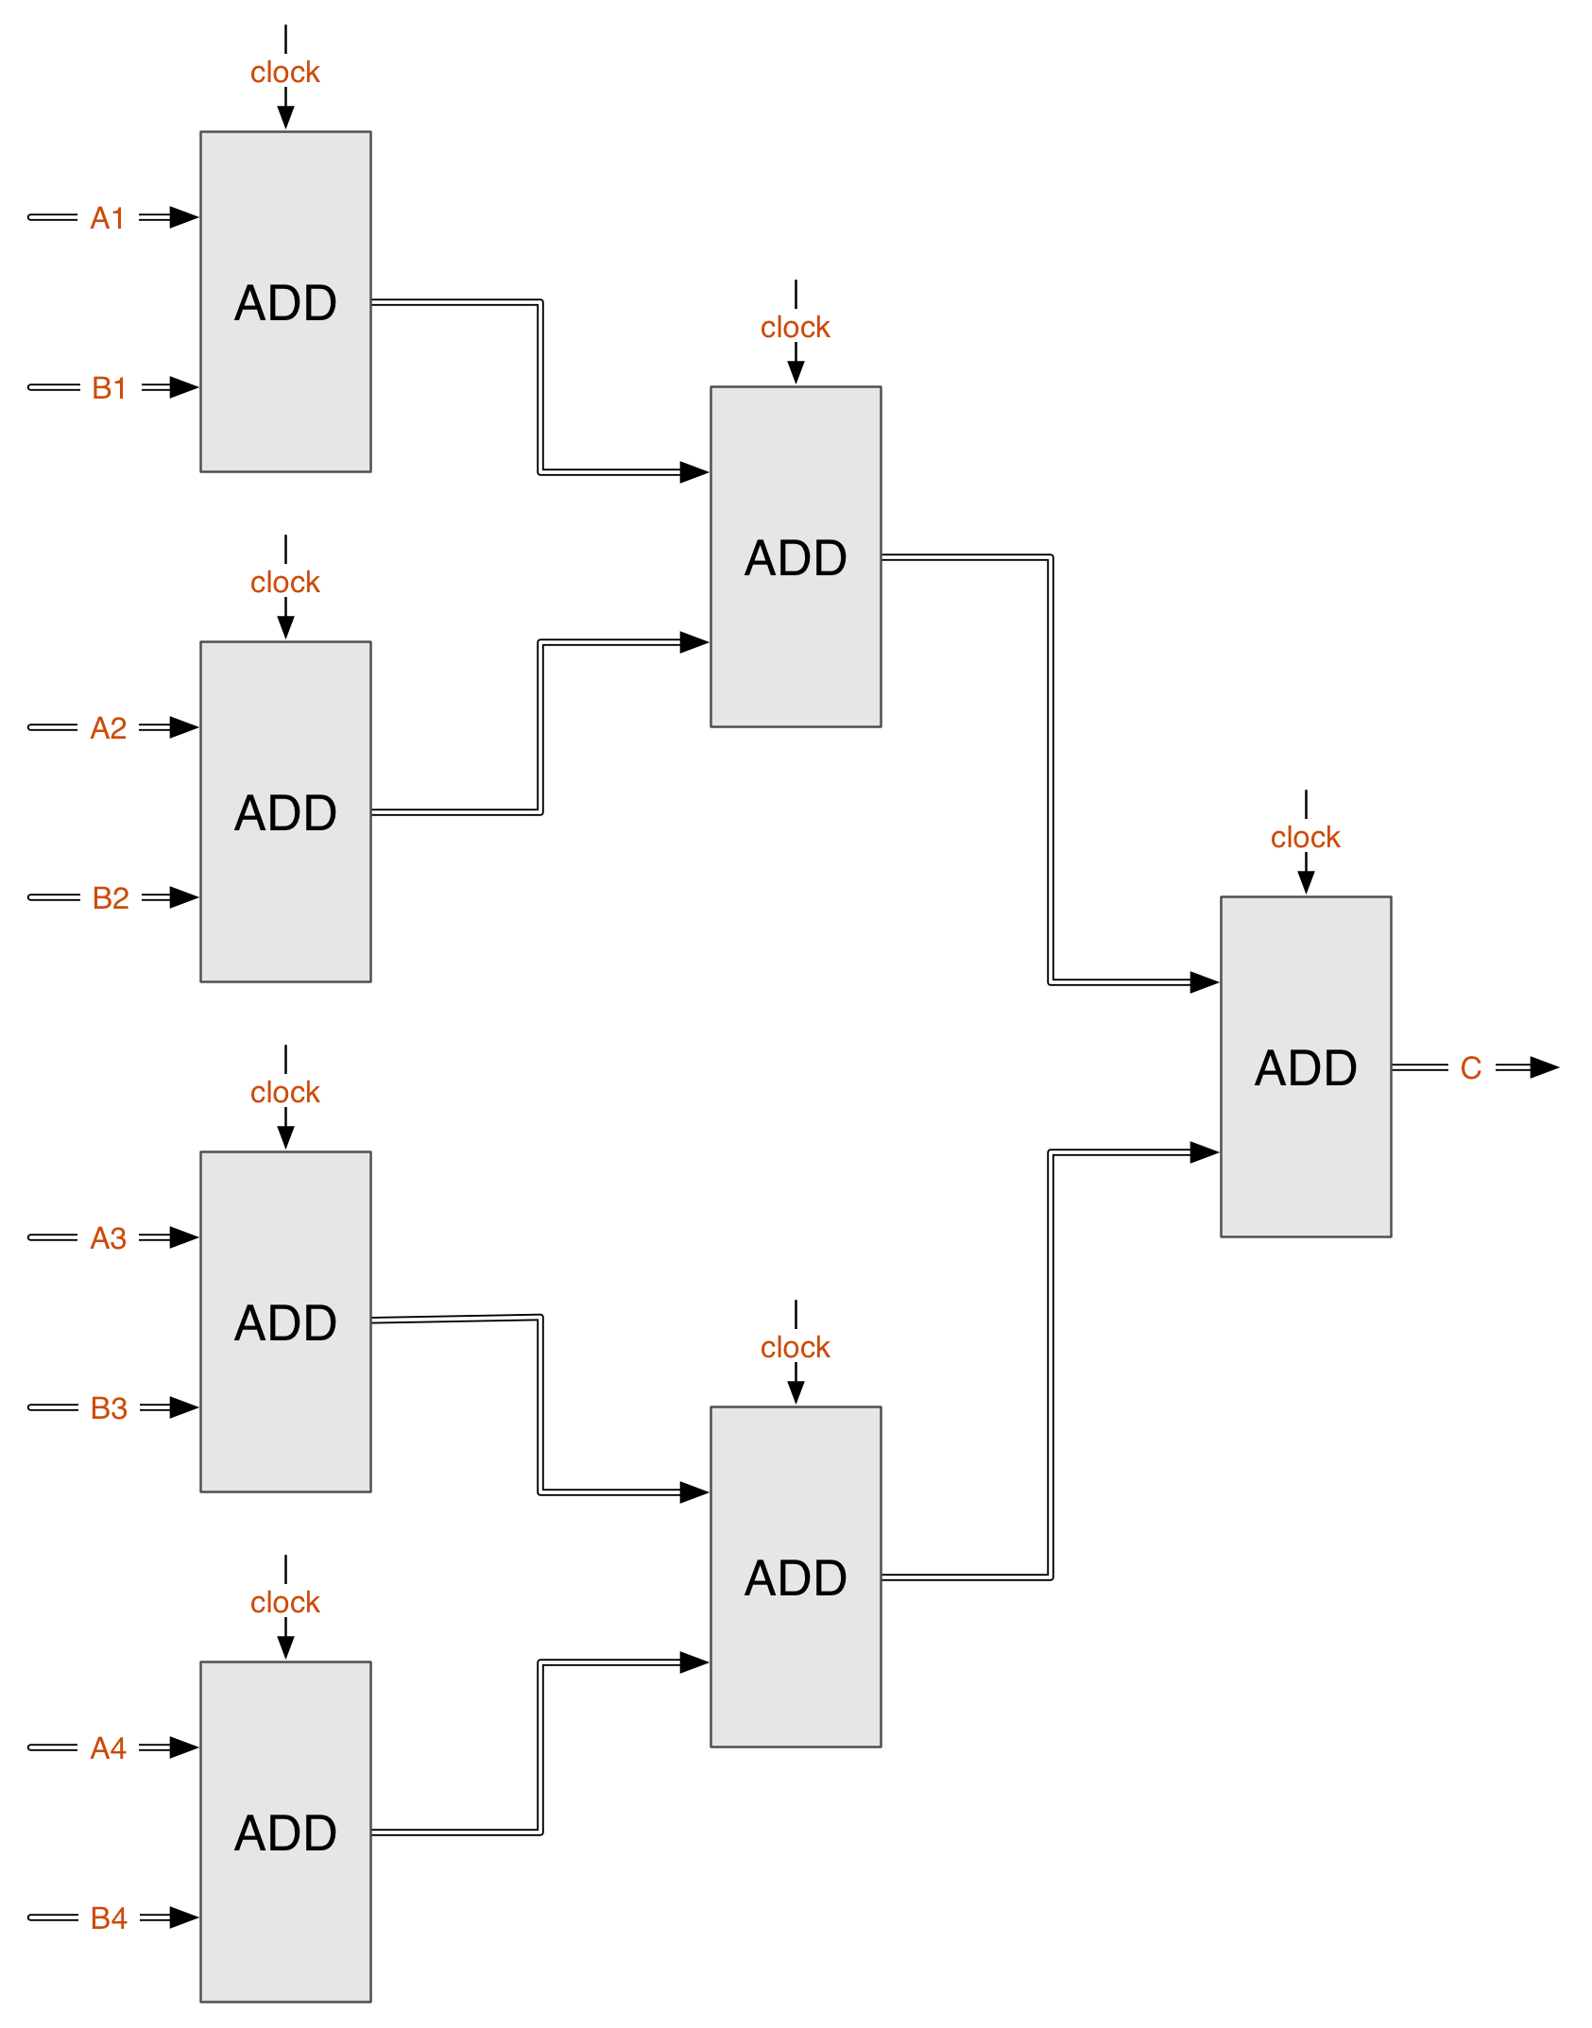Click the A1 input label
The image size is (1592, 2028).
[108, 217]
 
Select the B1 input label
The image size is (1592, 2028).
[110, 387]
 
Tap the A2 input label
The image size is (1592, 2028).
[108, 727]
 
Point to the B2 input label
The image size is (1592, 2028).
[110, 897]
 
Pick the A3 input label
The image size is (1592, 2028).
[108, 1237]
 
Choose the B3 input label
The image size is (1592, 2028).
[109, 1407]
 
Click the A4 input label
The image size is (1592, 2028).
[108, 1747]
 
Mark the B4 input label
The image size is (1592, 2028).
[109, 1917]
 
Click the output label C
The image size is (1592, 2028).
[1471, 1067]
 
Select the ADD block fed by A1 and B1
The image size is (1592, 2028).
[285, 302]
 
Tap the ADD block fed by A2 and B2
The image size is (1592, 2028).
[285, 812]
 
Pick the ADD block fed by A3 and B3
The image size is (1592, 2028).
[285, 1322]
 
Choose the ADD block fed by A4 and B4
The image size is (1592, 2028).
[285, 1832]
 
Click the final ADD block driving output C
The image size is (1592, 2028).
[1306, 1067]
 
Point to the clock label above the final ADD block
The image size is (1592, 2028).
[1305, 836]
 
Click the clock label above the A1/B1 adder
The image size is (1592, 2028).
[284, 71]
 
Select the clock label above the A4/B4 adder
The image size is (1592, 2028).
[284, 1601]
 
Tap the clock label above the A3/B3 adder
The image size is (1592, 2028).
[284, 1091]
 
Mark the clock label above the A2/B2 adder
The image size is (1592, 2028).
[284, 581]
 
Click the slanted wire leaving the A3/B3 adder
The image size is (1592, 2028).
[456, 1319]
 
